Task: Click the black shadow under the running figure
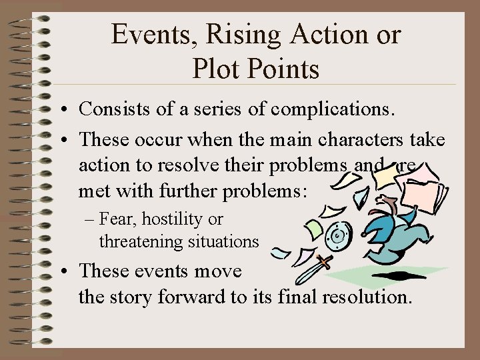(400, 275)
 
